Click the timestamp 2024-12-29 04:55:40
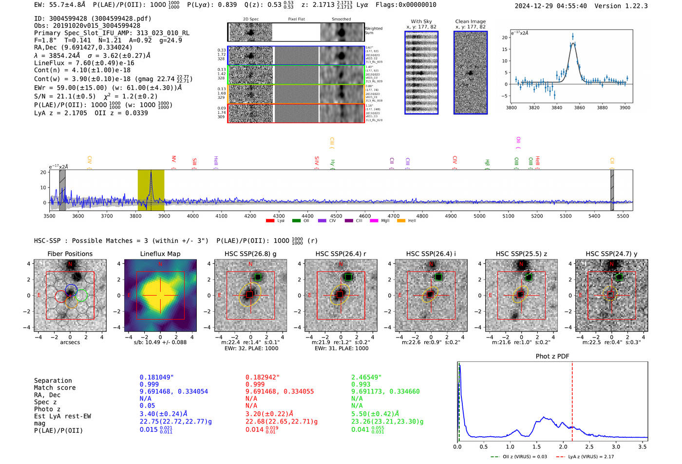(550, 6)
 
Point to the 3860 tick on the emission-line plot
(579, 108)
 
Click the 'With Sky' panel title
(421, 21)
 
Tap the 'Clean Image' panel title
(470, 21)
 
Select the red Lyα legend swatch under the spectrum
(270, 221)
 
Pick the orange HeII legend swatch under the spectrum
(401, 221)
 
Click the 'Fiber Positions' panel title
(70, 254)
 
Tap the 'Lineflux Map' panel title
(160, 254)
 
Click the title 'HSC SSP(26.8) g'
(250, 254)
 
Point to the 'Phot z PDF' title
(552, 356)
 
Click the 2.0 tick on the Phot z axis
(563, 446)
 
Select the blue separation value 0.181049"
(156, 377)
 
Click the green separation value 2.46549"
(366, 377)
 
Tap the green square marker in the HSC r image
(348, 277)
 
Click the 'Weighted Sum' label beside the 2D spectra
(374, 30)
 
